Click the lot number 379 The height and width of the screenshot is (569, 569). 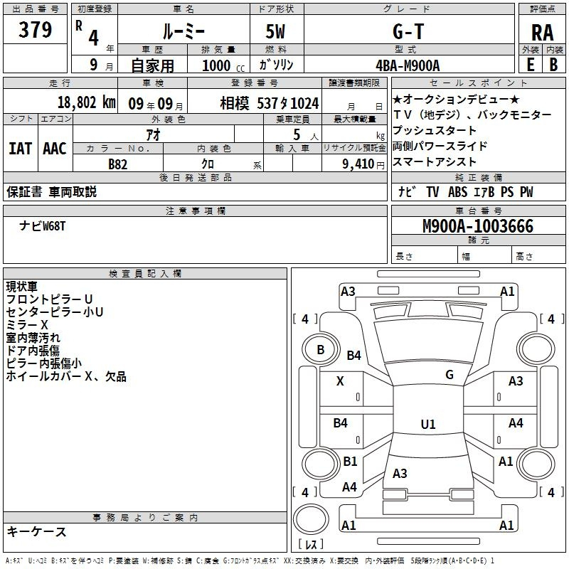point(35,29)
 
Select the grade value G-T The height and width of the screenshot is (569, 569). point(408,31)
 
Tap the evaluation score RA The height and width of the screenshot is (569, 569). point(542,33)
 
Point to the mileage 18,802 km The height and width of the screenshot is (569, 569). point(86,102)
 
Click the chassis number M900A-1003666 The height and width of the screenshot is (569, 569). point(478,226)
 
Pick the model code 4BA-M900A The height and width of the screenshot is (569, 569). point(408,65)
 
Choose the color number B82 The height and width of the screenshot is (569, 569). point(118,164)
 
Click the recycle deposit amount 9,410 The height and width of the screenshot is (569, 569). point(358,164)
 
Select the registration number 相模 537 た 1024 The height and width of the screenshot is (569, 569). point(270,103)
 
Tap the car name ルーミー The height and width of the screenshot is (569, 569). point(184,32)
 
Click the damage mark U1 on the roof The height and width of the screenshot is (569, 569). point(428,424)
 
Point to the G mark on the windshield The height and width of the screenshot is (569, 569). point(450,375)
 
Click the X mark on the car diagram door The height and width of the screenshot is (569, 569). point(340,381)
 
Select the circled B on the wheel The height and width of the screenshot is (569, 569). point(321,350)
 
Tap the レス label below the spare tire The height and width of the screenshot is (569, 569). point(311,544)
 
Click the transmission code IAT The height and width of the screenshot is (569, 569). point(21,149)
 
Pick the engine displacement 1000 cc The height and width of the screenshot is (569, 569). point(223,65)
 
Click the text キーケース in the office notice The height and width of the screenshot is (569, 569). point(37,531)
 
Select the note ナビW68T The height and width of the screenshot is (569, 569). point(43,226)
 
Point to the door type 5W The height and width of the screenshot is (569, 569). point(275,32)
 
